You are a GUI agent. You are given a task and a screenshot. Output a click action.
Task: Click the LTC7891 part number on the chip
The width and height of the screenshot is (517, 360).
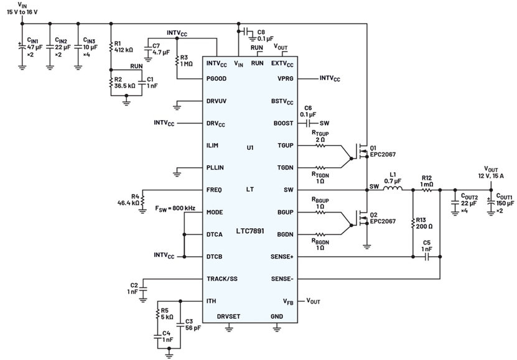250,231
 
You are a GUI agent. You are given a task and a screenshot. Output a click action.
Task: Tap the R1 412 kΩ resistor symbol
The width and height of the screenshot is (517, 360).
111,47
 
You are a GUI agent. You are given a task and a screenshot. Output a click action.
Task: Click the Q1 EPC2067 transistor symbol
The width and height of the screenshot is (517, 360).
362,152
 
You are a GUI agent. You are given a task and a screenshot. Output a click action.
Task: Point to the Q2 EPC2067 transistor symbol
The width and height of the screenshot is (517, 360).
362,218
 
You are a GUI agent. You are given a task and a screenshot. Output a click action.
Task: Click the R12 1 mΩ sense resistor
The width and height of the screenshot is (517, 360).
426,190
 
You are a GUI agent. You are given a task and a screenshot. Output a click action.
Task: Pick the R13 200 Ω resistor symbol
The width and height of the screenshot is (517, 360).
413,223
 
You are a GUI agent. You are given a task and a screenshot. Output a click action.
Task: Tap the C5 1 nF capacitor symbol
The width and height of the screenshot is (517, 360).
426,257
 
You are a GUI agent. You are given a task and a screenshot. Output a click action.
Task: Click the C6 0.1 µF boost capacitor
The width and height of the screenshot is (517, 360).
309,124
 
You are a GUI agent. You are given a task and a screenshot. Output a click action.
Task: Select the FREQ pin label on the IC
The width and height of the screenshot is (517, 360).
214,190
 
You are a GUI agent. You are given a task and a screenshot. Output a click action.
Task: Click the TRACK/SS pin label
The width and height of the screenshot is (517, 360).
222,279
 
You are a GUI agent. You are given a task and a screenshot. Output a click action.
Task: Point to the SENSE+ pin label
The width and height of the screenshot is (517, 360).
282,257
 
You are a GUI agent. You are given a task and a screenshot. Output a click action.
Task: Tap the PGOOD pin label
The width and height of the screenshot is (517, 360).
217,79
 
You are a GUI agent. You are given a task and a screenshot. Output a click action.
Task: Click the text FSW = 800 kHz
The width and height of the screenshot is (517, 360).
175,208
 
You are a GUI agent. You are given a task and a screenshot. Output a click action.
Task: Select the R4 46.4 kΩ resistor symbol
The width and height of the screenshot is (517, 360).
142,200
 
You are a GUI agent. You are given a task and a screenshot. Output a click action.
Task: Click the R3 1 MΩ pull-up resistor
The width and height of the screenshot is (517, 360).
177,60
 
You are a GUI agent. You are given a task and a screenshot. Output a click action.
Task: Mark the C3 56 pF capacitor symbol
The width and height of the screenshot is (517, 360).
180,325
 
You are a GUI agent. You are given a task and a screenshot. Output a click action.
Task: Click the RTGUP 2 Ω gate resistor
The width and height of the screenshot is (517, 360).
320,145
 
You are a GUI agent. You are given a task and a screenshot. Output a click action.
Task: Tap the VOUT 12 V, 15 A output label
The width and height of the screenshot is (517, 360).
491,172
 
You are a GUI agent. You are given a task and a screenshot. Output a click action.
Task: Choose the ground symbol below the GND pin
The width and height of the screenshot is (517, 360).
277,328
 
